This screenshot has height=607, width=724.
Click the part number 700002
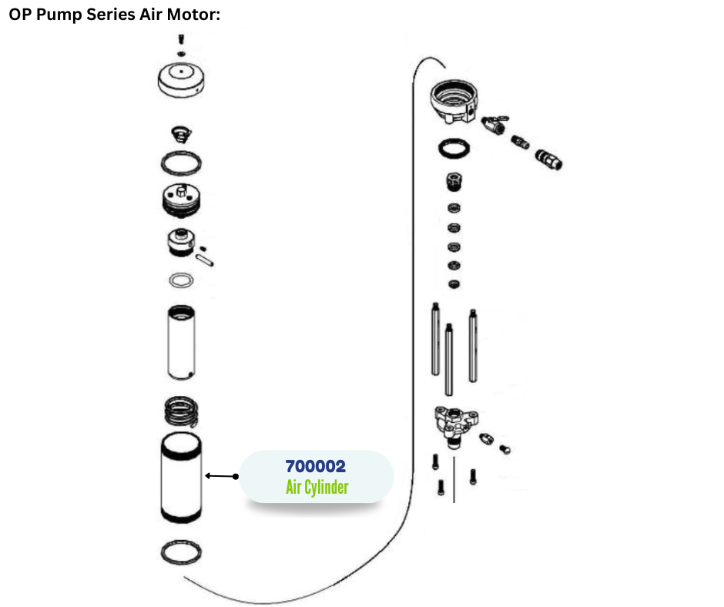pyautogui.click(x=315, y=467)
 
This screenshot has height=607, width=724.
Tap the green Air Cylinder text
pyautogui.click(x=317, y=487)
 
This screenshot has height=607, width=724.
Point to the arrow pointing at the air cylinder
pyautogui.click(x=220, y=476)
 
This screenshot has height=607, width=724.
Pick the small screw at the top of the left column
pyautogui.click(x=179, y=39)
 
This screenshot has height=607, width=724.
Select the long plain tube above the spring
pyautogui.click(x=182, y=342)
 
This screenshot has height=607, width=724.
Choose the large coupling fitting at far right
pyautogui.click(x=549, y=159)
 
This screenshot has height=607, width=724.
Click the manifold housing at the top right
pyautogui.click(x=452, y=100)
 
